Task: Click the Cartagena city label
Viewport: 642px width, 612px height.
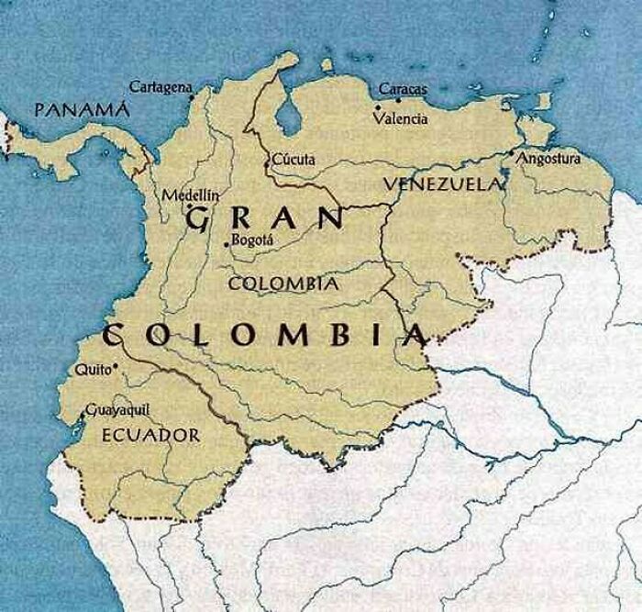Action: [160, 86]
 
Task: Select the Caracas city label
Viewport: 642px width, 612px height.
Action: [403, 89]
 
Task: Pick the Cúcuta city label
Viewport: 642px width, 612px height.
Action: [294, 160]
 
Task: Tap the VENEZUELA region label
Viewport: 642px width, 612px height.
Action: [444, 184]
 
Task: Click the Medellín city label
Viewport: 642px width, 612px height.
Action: [191, 195]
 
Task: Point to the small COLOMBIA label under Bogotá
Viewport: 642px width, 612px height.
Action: [282, 284]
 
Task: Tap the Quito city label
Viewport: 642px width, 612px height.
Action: [88, 371]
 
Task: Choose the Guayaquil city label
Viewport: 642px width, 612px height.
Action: [116, 410]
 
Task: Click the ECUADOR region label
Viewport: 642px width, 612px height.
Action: [150, 434]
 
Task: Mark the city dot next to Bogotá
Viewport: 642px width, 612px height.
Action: [227, 244]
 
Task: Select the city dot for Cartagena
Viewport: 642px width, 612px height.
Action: [192, 95]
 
